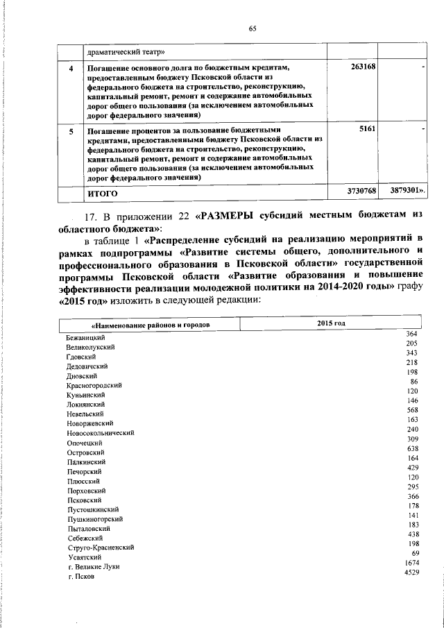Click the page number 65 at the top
[253, 28]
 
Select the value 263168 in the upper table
[364, 67]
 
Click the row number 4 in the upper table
[69, 68]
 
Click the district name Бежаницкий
[86, 337]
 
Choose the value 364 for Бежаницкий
[411, 335]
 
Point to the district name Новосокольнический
[100, 433]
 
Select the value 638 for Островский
[411, 449]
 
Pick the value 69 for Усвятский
[413, 553]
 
